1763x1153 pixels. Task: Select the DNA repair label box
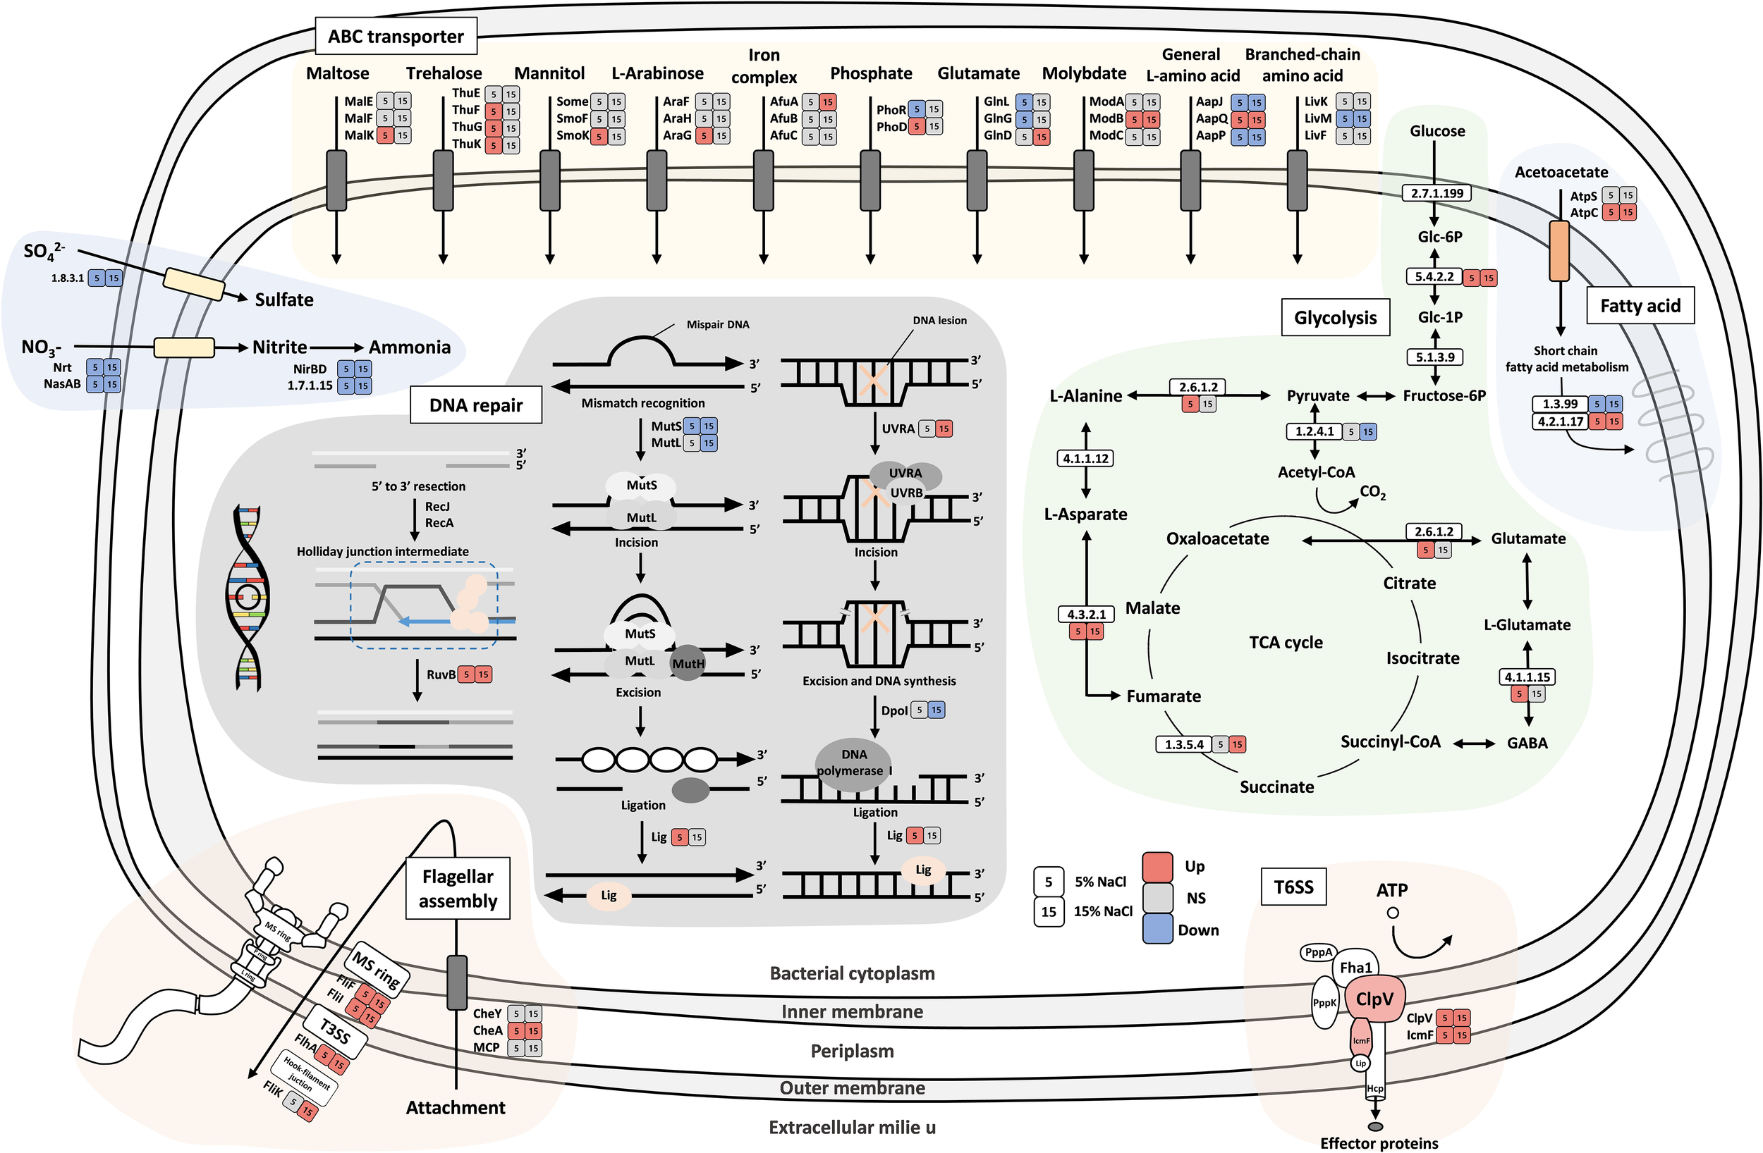pyautogui.click(x=475, y=405)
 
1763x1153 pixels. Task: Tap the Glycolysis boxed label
pyautogui.click(x=1335, y=318)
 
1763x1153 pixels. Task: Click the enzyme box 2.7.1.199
pyautogui.click(x=1436, y=193)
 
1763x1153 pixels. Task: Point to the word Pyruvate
pyautogui.click(x=1318, y=395)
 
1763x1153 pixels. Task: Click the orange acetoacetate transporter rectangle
pyautogui.click(x=1559, y=251)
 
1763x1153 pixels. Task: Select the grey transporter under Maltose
pyautogui.click(x=337, y=180)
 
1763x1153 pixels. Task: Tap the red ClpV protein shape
pyautogui.click(x=1374, y=999)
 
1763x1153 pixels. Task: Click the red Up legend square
pyautogui.click(x=1157, y=866)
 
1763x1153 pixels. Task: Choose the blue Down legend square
pyautogui.click(x=1157, y=929)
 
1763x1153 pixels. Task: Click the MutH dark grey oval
pyautogui.click(x=688, y=662)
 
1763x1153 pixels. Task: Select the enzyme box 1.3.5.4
pyautogui.click(x=1184, y=744)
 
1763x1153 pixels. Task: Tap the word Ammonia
pyautogui.click(x=410, y=347)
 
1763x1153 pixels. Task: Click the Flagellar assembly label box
pyautogui.click(x=458, y=888)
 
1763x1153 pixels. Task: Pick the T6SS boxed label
pyautogui.click(x=1293, y=887)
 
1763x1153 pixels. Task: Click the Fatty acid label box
pyautogui.click(x=1640, y=306)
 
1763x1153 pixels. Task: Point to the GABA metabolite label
pyautogui.click(x=1527, y=743)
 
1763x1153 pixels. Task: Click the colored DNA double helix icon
pyautogui.click(x=248, y=598)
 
